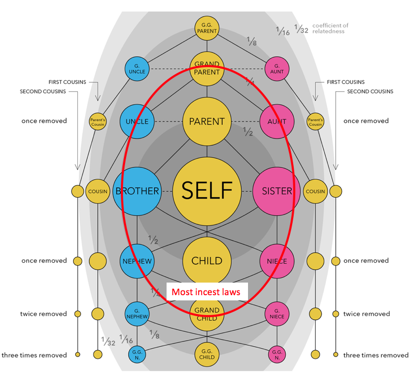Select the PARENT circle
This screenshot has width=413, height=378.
click(x=206, y=122)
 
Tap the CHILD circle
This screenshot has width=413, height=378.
click(x=206, y=261)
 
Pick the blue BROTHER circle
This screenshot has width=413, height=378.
click(x=137, y=191)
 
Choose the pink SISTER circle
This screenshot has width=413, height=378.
click(x=276, y=191)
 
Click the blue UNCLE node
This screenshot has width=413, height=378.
click(x=137, y=122)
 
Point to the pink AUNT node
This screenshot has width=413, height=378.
click(x=276, y=122)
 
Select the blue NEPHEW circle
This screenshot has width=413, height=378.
click(x=137, y=261)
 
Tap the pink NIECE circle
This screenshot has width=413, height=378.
click(x=276, y=261)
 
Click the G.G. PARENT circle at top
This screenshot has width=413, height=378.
click(x=206, y=27)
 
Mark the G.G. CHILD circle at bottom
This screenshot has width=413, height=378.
click(x=206, y=354)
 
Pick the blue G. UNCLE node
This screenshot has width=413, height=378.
click(x=137, y=69)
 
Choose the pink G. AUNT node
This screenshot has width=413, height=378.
click(x=276, y=69)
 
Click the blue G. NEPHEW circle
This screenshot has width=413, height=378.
click(x=137, y=314)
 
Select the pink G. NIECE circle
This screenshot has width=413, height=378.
click(x=276, y=314)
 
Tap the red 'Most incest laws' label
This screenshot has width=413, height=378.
click(x=206, y=291)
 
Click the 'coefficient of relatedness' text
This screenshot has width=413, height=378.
click(x=330, y=28)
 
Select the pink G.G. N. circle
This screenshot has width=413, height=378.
click(x=276, y=354)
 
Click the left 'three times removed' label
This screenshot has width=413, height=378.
click(x=34, y=355)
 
